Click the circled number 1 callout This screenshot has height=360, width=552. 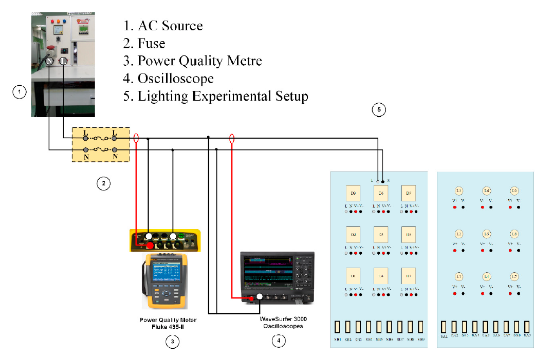19,92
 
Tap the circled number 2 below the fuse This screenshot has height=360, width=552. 103,183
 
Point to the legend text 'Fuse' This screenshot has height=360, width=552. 151,43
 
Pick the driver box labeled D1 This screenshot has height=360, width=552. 354,276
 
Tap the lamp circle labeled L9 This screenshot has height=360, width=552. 514,191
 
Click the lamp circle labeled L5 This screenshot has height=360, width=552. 486,234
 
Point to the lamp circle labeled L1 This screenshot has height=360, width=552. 459,277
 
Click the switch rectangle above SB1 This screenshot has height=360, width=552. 338,327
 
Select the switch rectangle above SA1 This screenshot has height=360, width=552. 444,327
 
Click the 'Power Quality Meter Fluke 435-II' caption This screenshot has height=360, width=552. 168,323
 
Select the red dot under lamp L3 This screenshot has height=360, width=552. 455,207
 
